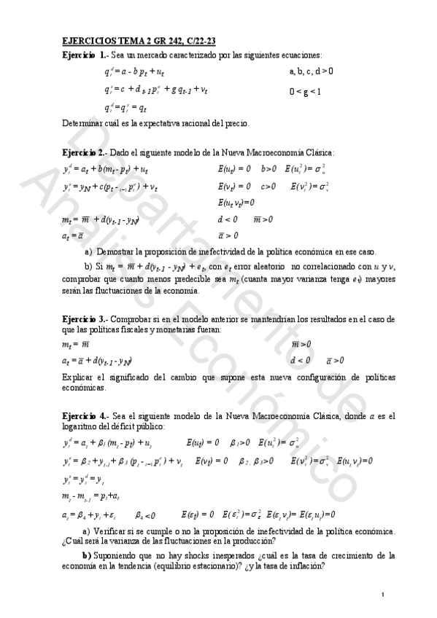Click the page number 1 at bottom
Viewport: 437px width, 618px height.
click(x=382, y=597)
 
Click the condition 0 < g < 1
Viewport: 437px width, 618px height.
click(x=305, y=92)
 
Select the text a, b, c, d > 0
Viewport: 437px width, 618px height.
click(x=312, y=71)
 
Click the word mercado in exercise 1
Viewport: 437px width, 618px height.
click(x=152, y=56)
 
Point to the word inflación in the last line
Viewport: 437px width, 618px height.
click(x=303, y=568)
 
